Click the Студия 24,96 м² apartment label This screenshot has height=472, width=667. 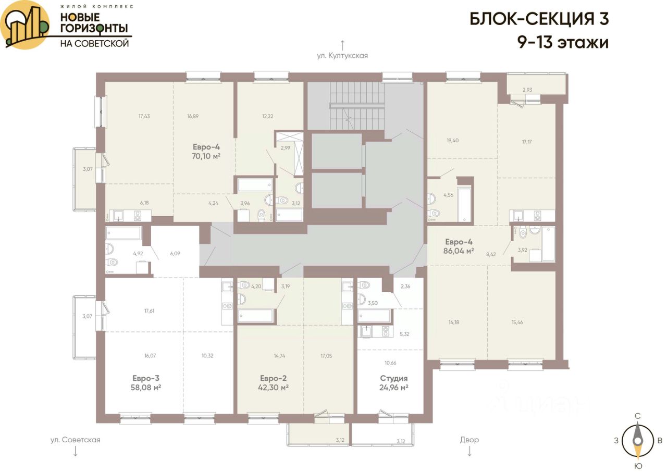pos(393,383)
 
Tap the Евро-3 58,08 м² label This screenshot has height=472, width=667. pos(146,383)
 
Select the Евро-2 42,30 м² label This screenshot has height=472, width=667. pos(274,383)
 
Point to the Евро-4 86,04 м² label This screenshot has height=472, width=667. pos(459,246)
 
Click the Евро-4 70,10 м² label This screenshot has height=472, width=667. pos(206,152)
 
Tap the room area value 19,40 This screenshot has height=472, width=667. pos(453,141)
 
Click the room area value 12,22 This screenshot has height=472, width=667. pos(268,116)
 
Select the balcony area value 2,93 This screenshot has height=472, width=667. pos(527,90)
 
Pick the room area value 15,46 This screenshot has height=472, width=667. pos(517,322)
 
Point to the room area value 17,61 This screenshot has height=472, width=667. pos(149,310)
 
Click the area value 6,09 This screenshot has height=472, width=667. pos(175,254)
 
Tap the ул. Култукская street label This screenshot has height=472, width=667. pos(342,56)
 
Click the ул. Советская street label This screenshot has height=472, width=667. pos(76,440)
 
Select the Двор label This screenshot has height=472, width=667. pos(470,440)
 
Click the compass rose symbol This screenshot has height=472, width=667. pos(637,441)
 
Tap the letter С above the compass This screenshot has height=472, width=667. pos(637,416)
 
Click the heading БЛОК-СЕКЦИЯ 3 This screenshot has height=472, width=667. pos(539,19)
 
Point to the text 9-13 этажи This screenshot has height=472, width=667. pos(563,42)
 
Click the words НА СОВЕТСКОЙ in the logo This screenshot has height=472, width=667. pos(95,43)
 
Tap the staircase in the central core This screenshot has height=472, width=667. pos(356,106)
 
